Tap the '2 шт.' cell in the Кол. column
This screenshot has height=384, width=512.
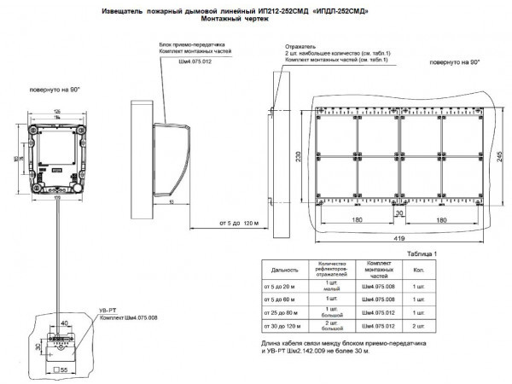click(x=418, y=326)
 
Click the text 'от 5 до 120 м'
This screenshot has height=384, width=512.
click(x=239, y=224)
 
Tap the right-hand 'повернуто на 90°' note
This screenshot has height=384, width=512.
click(x=455, y=63)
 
